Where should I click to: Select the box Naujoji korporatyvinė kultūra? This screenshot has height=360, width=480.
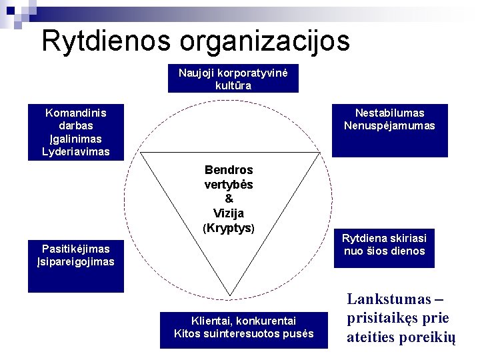[233, 79]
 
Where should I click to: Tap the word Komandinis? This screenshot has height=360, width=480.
[75, 113]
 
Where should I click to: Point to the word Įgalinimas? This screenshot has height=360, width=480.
[75, 139]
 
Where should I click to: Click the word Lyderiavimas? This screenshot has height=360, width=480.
[75, 152]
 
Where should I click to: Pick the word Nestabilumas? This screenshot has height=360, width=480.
[389, 113]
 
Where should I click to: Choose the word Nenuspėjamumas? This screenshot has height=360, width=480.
[389, 125]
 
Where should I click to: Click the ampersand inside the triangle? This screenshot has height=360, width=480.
[229, 199]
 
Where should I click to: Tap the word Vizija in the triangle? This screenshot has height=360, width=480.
[229, 213]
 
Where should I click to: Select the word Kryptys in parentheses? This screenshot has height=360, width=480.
[229, 228]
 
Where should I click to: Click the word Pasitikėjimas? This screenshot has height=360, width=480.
[75, 249]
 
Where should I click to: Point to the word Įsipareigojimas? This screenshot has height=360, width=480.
[75, 262]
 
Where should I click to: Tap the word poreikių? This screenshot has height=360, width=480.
[429, 337]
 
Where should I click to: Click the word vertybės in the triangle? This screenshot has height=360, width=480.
[229, 184]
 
